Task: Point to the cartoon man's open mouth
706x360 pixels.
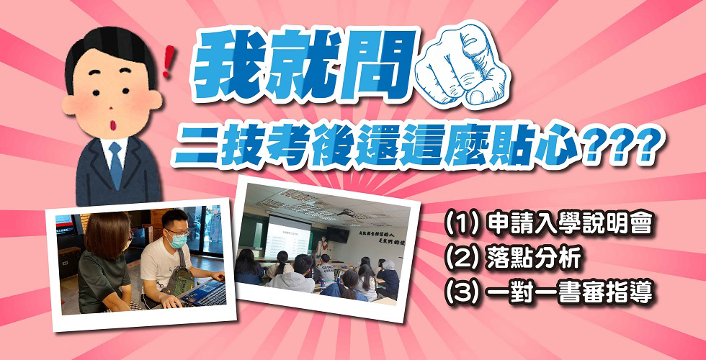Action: [x=110, y=122]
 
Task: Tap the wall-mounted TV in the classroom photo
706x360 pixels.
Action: [x=338, y=235]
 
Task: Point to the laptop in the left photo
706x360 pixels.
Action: [x=202, y=294]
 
